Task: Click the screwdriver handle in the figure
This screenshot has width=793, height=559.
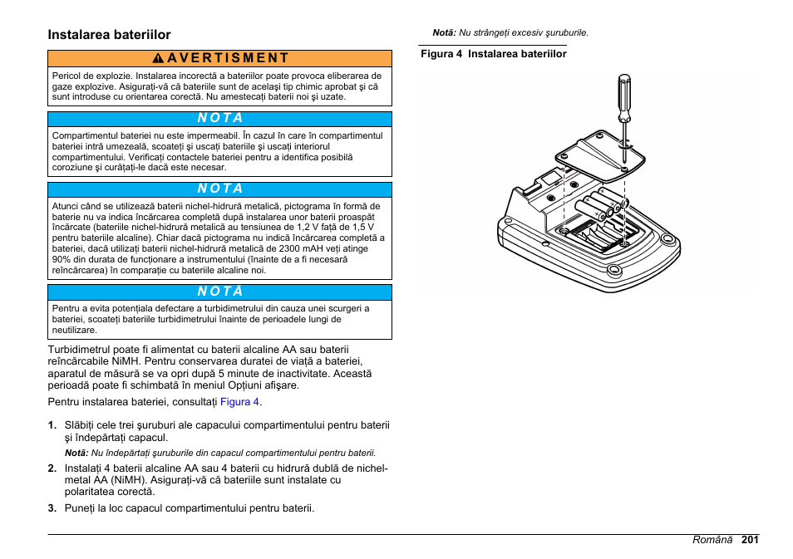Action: coord(623,92)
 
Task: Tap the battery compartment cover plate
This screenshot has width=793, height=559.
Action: coord(599,157)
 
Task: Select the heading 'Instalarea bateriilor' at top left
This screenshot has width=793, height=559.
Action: coord(109,35)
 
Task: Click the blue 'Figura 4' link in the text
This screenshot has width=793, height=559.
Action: coord(239,402)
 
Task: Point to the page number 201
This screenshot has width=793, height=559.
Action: coord(751,540)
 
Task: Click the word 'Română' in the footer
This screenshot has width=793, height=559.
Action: coord(713,540)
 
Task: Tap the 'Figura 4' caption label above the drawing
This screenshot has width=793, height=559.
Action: coord(441,54)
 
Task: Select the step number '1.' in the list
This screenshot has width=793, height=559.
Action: coord(52,425)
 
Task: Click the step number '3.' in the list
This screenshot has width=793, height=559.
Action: coord(52,508)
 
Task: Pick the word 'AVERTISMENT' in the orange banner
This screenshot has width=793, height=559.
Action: coord(227,58)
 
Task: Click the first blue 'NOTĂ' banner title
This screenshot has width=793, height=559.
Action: coord(219,119)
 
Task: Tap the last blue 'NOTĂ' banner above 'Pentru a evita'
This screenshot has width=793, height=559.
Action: coord(219,292)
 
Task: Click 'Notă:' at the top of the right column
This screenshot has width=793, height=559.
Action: coord(444,33)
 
